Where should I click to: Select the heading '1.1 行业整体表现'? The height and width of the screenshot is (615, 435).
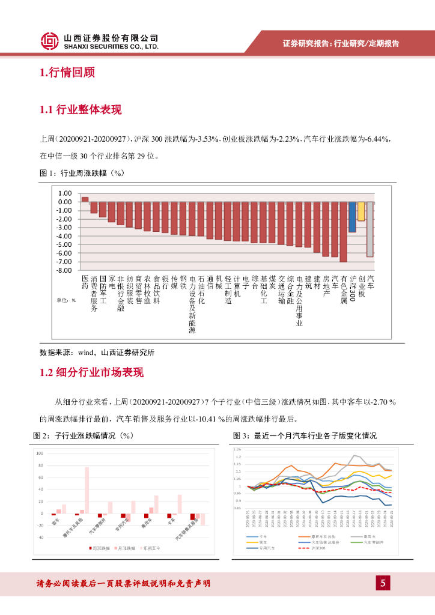(81, 110)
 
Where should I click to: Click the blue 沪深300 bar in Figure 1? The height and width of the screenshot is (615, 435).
(352, 217)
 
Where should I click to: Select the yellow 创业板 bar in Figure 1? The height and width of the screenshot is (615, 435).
(361, 211)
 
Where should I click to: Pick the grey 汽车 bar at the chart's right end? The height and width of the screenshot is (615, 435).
(370, 229)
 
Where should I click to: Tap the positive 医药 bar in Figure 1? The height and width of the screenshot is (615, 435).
(85, 199)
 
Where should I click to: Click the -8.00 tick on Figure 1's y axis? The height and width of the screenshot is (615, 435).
(64, 270)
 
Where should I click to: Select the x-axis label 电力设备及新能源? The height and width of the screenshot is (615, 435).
(192, 304)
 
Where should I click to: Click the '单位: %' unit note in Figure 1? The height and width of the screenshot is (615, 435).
(66, 300)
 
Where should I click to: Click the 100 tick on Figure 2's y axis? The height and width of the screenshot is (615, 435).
(40, 453)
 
